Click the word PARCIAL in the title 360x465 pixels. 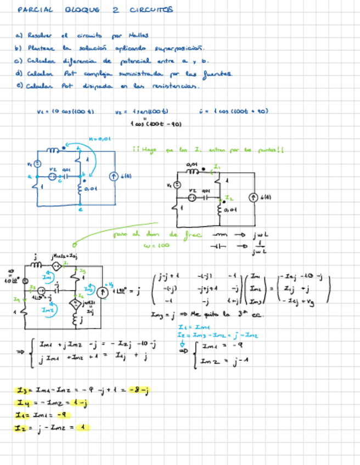pos(35,10)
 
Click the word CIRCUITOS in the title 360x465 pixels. pos(151,10)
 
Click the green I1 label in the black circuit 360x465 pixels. pos(217,167)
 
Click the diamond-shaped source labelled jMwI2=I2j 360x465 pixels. pos(57,266)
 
